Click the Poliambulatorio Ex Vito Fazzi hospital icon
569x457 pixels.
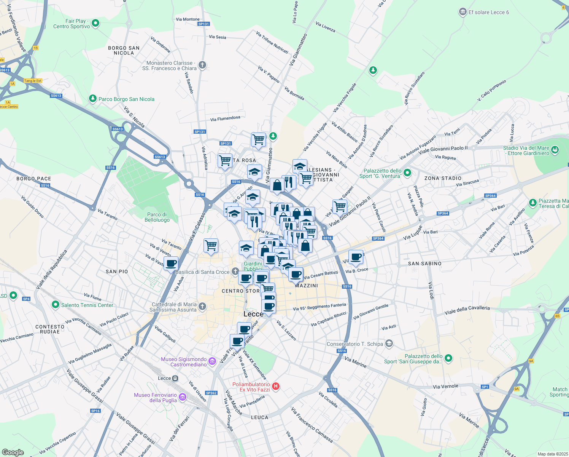coord(276,387)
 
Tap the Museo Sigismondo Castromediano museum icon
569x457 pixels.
coord(212,361)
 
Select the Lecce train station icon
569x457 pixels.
coord(175,378)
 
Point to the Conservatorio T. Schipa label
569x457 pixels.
coord(355,344)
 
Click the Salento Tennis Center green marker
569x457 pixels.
coord(56,305)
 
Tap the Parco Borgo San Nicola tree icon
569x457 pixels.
coord(92,99)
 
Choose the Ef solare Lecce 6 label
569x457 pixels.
coord(488,12)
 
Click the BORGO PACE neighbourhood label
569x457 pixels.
coord(33,179)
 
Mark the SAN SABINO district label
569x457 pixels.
coord(424,264)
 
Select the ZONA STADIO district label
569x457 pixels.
coord(443,178)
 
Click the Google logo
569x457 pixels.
coord(13,452)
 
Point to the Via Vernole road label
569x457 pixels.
coord(445,387)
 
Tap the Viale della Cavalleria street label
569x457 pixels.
coord(467,310)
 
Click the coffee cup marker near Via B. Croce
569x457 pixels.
coord(356,257)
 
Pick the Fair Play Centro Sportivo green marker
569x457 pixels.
coord(95,23)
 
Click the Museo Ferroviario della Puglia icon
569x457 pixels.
coord(183,397)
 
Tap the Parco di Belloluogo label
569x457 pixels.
coord(157,217)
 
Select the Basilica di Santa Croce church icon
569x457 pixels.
coord(235,272)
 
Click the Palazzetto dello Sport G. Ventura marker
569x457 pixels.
coord(407,173)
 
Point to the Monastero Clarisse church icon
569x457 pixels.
coord(202,65)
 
